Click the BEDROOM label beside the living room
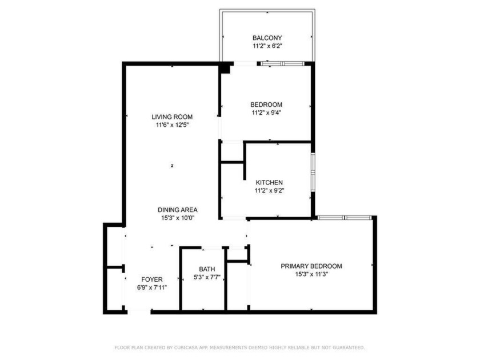pos(266,105)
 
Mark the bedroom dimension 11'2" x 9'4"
pos(266,113)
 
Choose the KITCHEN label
pos(269,182)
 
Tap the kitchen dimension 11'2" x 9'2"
pos(269,190)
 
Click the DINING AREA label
pos(178,210)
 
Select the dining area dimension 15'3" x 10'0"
pos(178,218)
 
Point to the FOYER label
pos(152,279)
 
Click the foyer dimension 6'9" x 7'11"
pos(152,287)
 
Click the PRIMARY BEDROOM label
pos(311,266)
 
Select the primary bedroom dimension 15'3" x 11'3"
pos(311,274)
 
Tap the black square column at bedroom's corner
pos(225,69)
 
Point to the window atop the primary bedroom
pos(345,217)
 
